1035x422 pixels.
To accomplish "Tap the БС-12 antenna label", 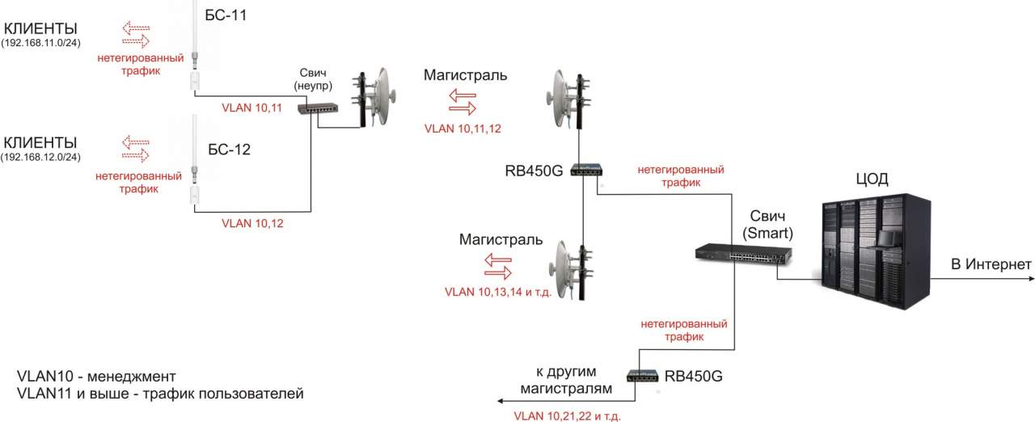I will [x=230, y=149].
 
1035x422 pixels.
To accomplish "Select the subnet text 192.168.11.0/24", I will [x=46, y=41].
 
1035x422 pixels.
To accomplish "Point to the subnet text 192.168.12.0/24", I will [x=46, y=156].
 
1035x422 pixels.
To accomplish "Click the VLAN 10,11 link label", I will [x=251, y=107].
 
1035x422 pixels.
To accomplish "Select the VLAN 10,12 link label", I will [x=253, y=222].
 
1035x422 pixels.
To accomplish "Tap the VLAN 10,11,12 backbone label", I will [x=463, y=128].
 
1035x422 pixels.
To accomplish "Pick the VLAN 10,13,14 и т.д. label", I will [x=497, y=292].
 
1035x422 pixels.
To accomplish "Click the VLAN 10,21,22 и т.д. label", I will [x=568, y=416].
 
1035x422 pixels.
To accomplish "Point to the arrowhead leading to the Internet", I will [x=1029, y=279].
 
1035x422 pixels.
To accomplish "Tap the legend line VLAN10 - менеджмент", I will [x=95, y=378].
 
